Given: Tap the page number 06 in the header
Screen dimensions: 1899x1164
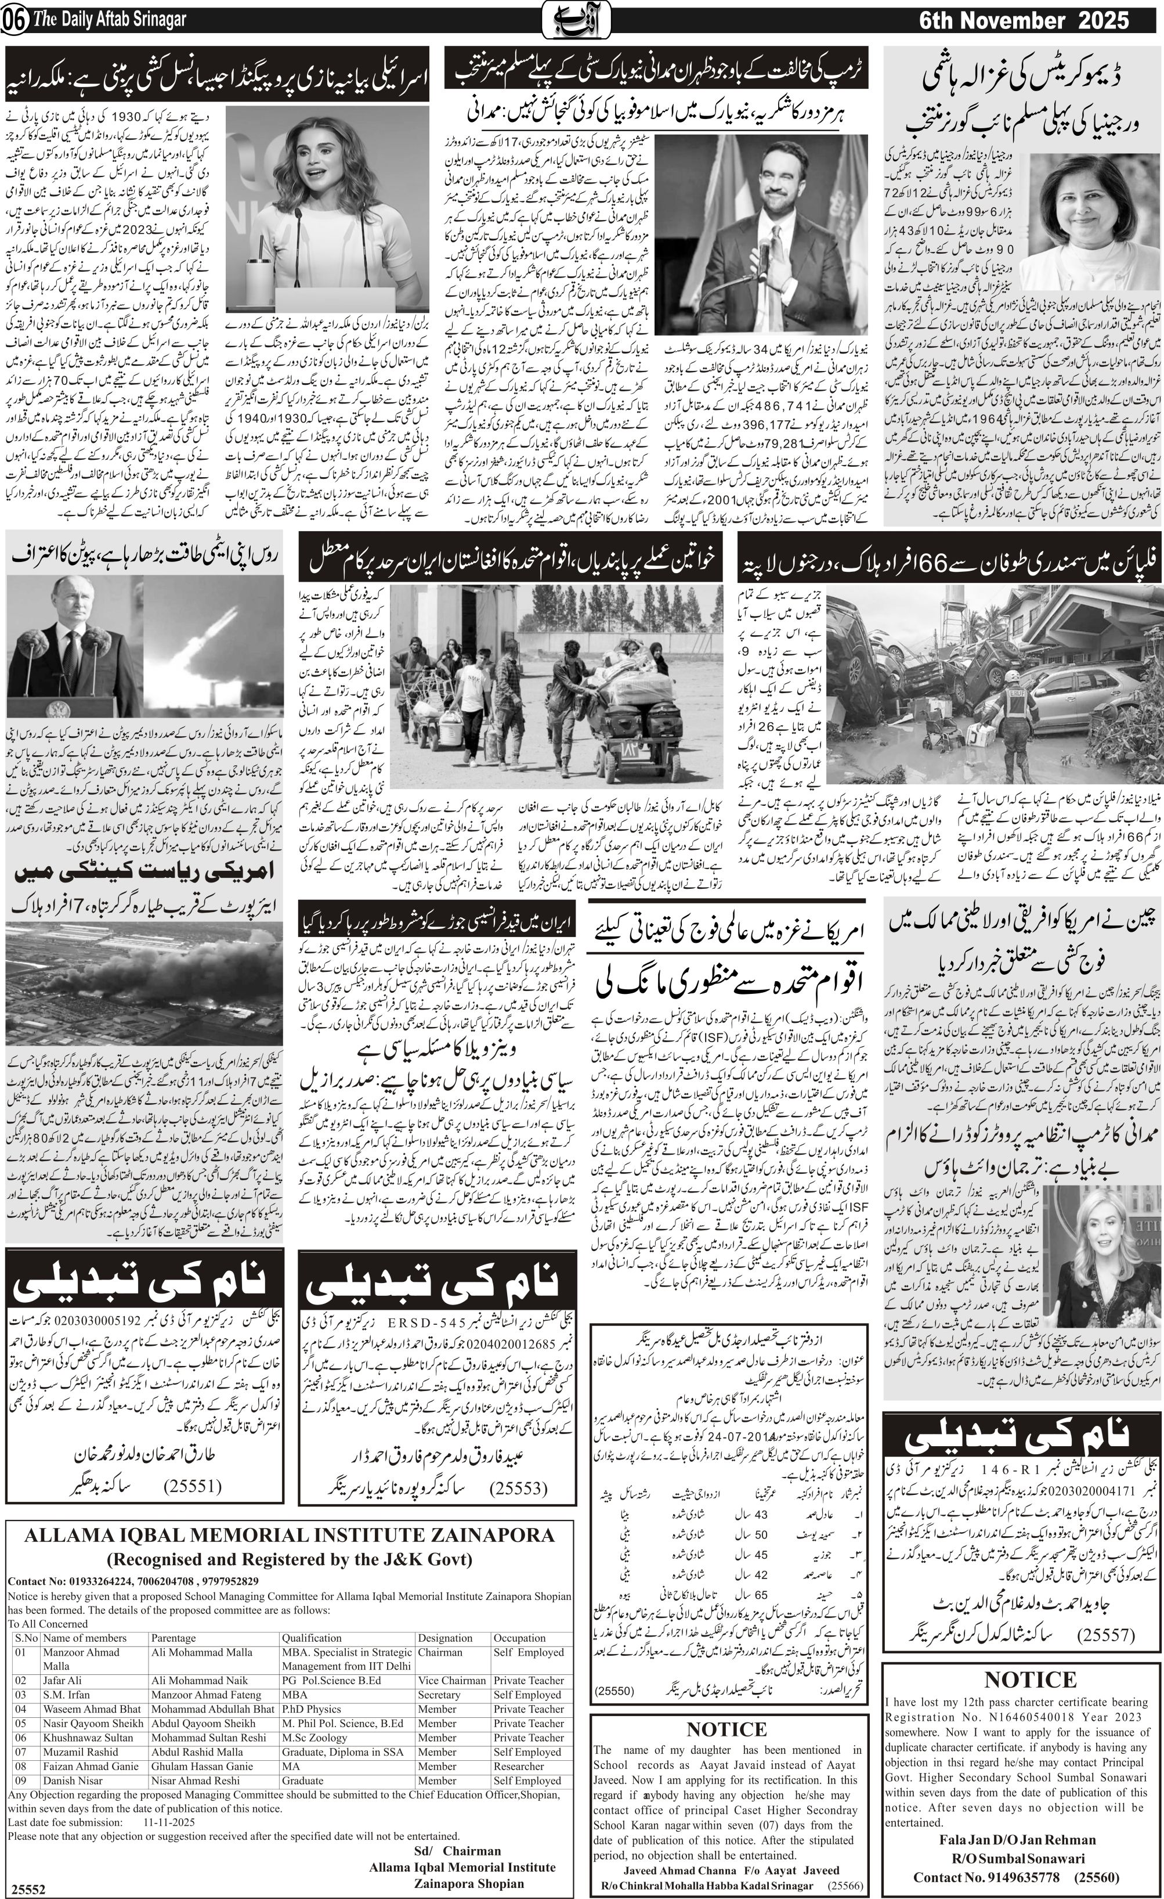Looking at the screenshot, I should pos(14,21).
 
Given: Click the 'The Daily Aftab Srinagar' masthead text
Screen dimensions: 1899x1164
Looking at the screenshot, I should pos(109,20).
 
